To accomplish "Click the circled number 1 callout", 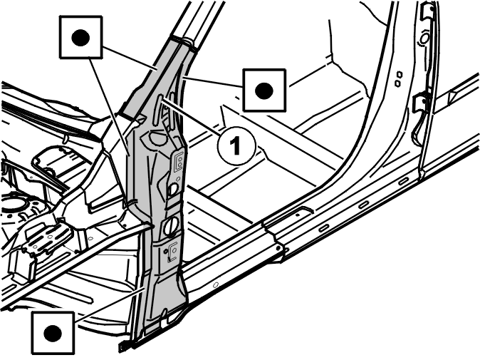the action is (x=236, y=146).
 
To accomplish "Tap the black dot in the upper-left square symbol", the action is (x=80, y=38).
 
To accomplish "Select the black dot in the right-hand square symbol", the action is (x=264, y=91).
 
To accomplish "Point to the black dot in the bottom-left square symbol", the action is (x=53, y=334).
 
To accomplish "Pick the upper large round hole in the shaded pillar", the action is (x=172, y=189).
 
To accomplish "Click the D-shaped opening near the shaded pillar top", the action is (x=156, y=138).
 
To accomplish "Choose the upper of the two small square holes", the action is (x=399, y=74).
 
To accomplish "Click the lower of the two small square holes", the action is (x=397, y=83).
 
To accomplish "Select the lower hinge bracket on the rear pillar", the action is (x=422, y=102).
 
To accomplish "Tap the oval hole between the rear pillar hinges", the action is (x=424, y=38).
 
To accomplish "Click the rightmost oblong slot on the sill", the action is (x=404, y=181).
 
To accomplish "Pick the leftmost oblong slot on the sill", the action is (x=324, y=227).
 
